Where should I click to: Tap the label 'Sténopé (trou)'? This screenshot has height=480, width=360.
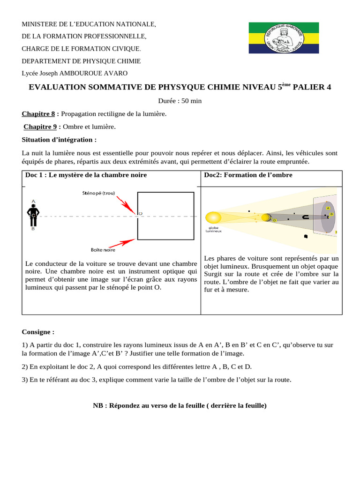point(98,192)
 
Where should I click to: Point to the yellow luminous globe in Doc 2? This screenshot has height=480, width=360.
point(213,217)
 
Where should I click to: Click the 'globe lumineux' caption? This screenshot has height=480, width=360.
point(213,229)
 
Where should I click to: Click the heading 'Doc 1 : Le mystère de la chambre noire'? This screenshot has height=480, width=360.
point(86,175)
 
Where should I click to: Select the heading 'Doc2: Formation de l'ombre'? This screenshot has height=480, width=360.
point(248,175)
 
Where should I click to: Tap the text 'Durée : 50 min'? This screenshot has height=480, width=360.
point(180,100)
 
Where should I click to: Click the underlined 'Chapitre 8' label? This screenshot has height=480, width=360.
point(38,113)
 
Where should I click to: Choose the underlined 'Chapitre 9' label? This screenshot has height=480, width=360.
point(40,127)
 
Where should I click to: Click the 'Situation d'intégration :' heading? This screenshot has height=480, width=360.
point(59,139)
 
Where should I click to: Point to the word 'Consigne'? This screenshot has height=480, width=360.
point(37,331)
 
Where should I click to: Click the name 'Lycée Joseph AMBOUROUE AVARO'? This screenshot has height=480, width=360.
point(75,73)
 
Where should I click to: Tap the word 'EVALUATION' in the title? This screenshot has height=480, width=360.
point(59,87)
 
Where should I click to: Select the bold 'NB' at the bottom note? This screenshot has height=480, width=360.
point(97,405)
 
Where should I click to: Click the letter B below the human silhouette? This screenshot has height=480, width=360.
point(33,229)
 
